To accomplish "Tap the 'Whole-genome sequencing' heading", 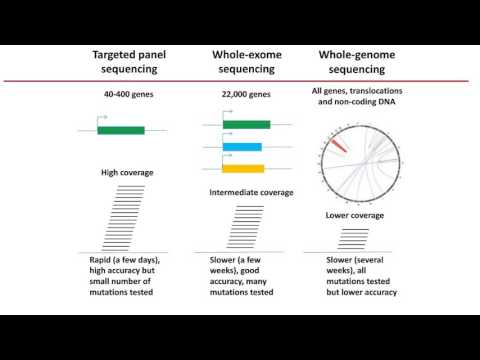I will coord(358,59).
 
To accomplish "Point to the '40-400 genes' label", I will coord(127,96).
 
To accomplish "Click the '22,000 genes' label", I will coord(244,96).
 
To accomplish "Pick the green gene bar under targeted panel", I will coord(121,130).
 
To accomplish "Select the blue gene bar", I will coord(242,147).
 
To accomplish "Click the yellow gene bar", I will coord(243,168).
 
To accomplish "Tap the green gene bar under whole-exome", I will coord(246,125).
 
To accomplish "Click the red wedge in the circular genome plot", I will coord(337,146).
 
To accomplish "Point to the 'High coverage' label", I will coord(127,173).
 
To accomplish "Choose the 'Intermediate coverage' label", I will coord(251,191).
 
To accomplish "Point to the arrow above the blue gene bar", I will coord(229,139).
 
